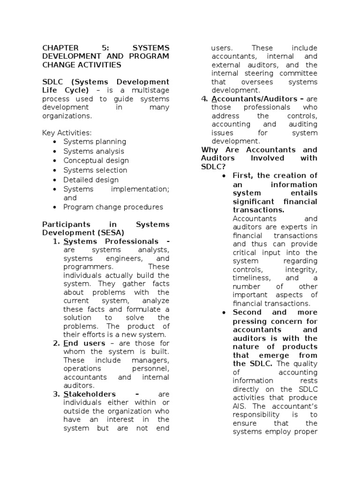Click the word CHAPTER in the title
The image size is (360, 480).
point(60,48)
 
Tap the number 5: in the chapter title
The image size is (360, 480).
point(104,48)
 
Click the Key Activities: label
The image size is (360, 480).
point(67,133)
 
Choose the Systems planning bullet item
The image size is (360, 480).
point(95,142)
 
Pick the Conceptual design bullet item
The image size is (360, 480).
point(96,160)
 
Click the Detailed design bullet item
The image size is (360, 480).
point(91,180)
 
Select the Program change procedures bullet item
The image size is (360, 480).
point(113,207)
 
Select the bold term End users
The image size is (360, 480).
point(84,343)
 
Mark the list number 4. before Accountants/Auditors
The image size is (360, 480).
point(204,99)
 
